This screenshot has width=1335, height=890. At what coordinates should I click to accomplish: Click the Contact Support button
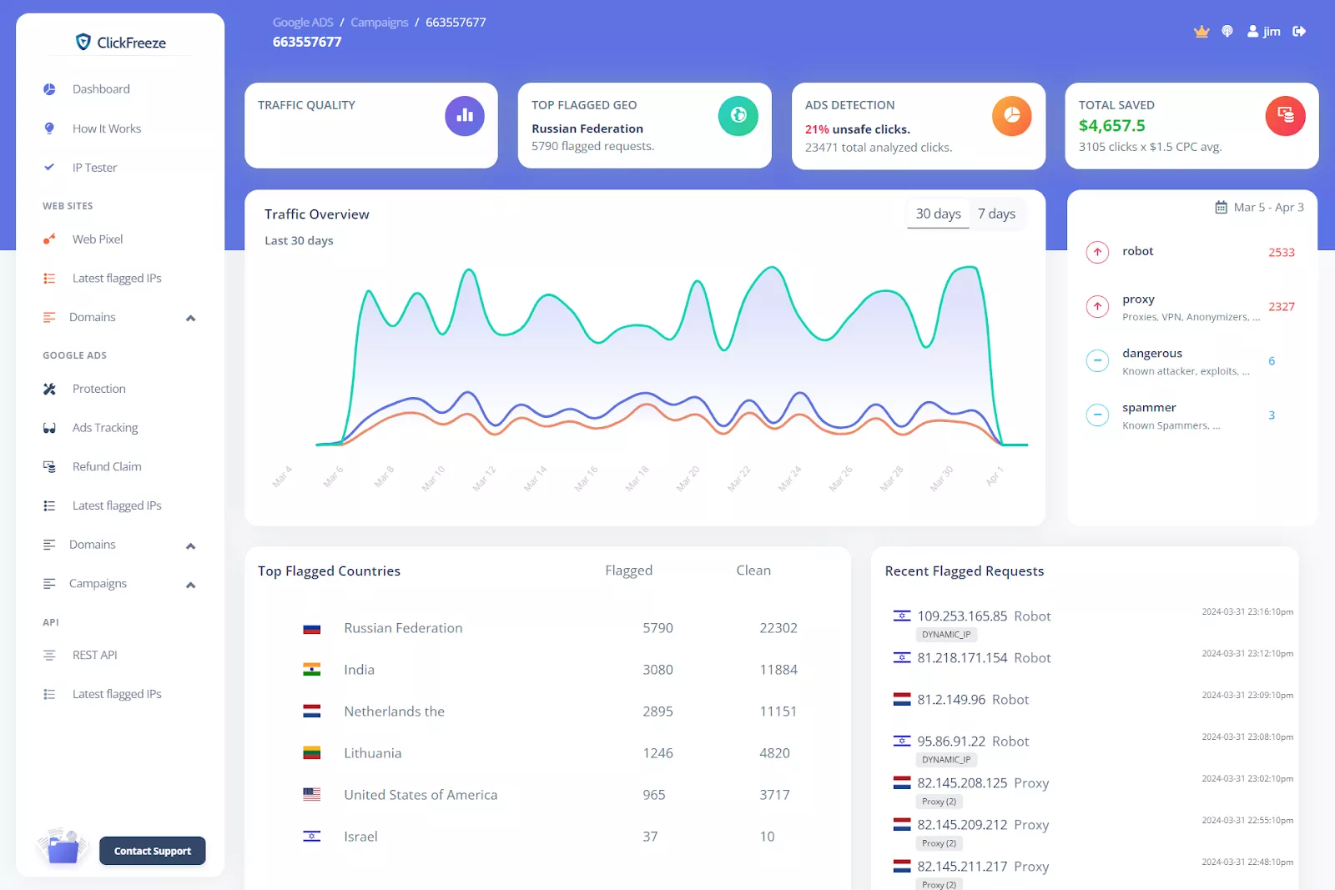[x=152, y=851]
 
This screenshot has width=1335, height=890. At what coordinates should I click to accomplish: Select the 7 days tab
[x=996, y=214]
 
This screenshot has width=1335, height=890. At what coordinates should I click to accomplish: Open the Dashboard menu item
[x=101, y=89]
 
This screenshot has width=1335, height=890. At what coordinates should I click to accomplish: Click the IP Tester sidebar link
[x=94, y=168]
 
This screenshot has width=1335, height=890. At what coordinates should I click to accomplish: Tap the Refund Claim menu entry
[x=107, y=466]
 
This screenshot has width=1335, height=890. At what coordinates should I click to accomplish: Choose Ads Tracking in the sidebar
[x=105, y=428]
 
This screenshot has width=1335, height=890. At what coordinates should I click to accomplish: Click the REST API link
[x=94, y=655]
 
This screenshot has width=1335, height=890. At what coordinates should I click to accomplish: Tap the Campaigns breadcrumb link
[x=379, y=23]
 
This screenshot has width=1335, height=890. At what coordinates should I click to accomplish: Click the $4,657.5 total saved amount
[x=1111, y=126]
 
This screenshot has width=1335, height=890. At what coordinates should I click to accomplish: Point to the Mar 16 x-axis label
[x=587, y=478]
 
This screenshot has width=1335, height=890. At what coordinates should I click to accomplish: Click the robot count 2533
[x=1281, y=252]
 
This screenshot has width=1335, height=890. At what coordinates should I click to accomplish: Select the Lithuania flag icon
[x=312, y=753]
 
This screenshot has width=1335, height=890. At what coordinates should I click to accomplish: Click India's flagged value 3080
[x=657, y=670]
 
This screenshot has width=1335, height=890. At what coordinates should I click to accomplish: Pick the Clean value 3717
[x=774, y=795]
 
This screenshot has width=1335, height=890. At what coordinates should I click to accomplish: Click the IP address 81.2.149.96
[x=951, y=700]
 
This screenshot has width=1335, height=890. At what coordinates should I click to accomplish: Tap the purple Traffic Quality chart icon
[x=465, y=116]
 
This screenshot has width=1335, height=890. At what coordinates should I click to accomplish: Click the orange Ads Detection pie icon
[x=1011, y=116]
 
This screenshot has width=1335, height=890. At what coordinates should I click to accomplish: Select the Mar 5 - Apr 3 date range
[x=1260, y=208]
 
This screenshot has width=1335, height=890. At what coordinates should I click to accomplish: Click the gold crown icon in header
[x=1201, y=32]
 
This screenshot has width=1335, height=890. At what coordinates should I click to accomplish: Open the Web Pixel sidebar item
[x=97, y=239]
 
